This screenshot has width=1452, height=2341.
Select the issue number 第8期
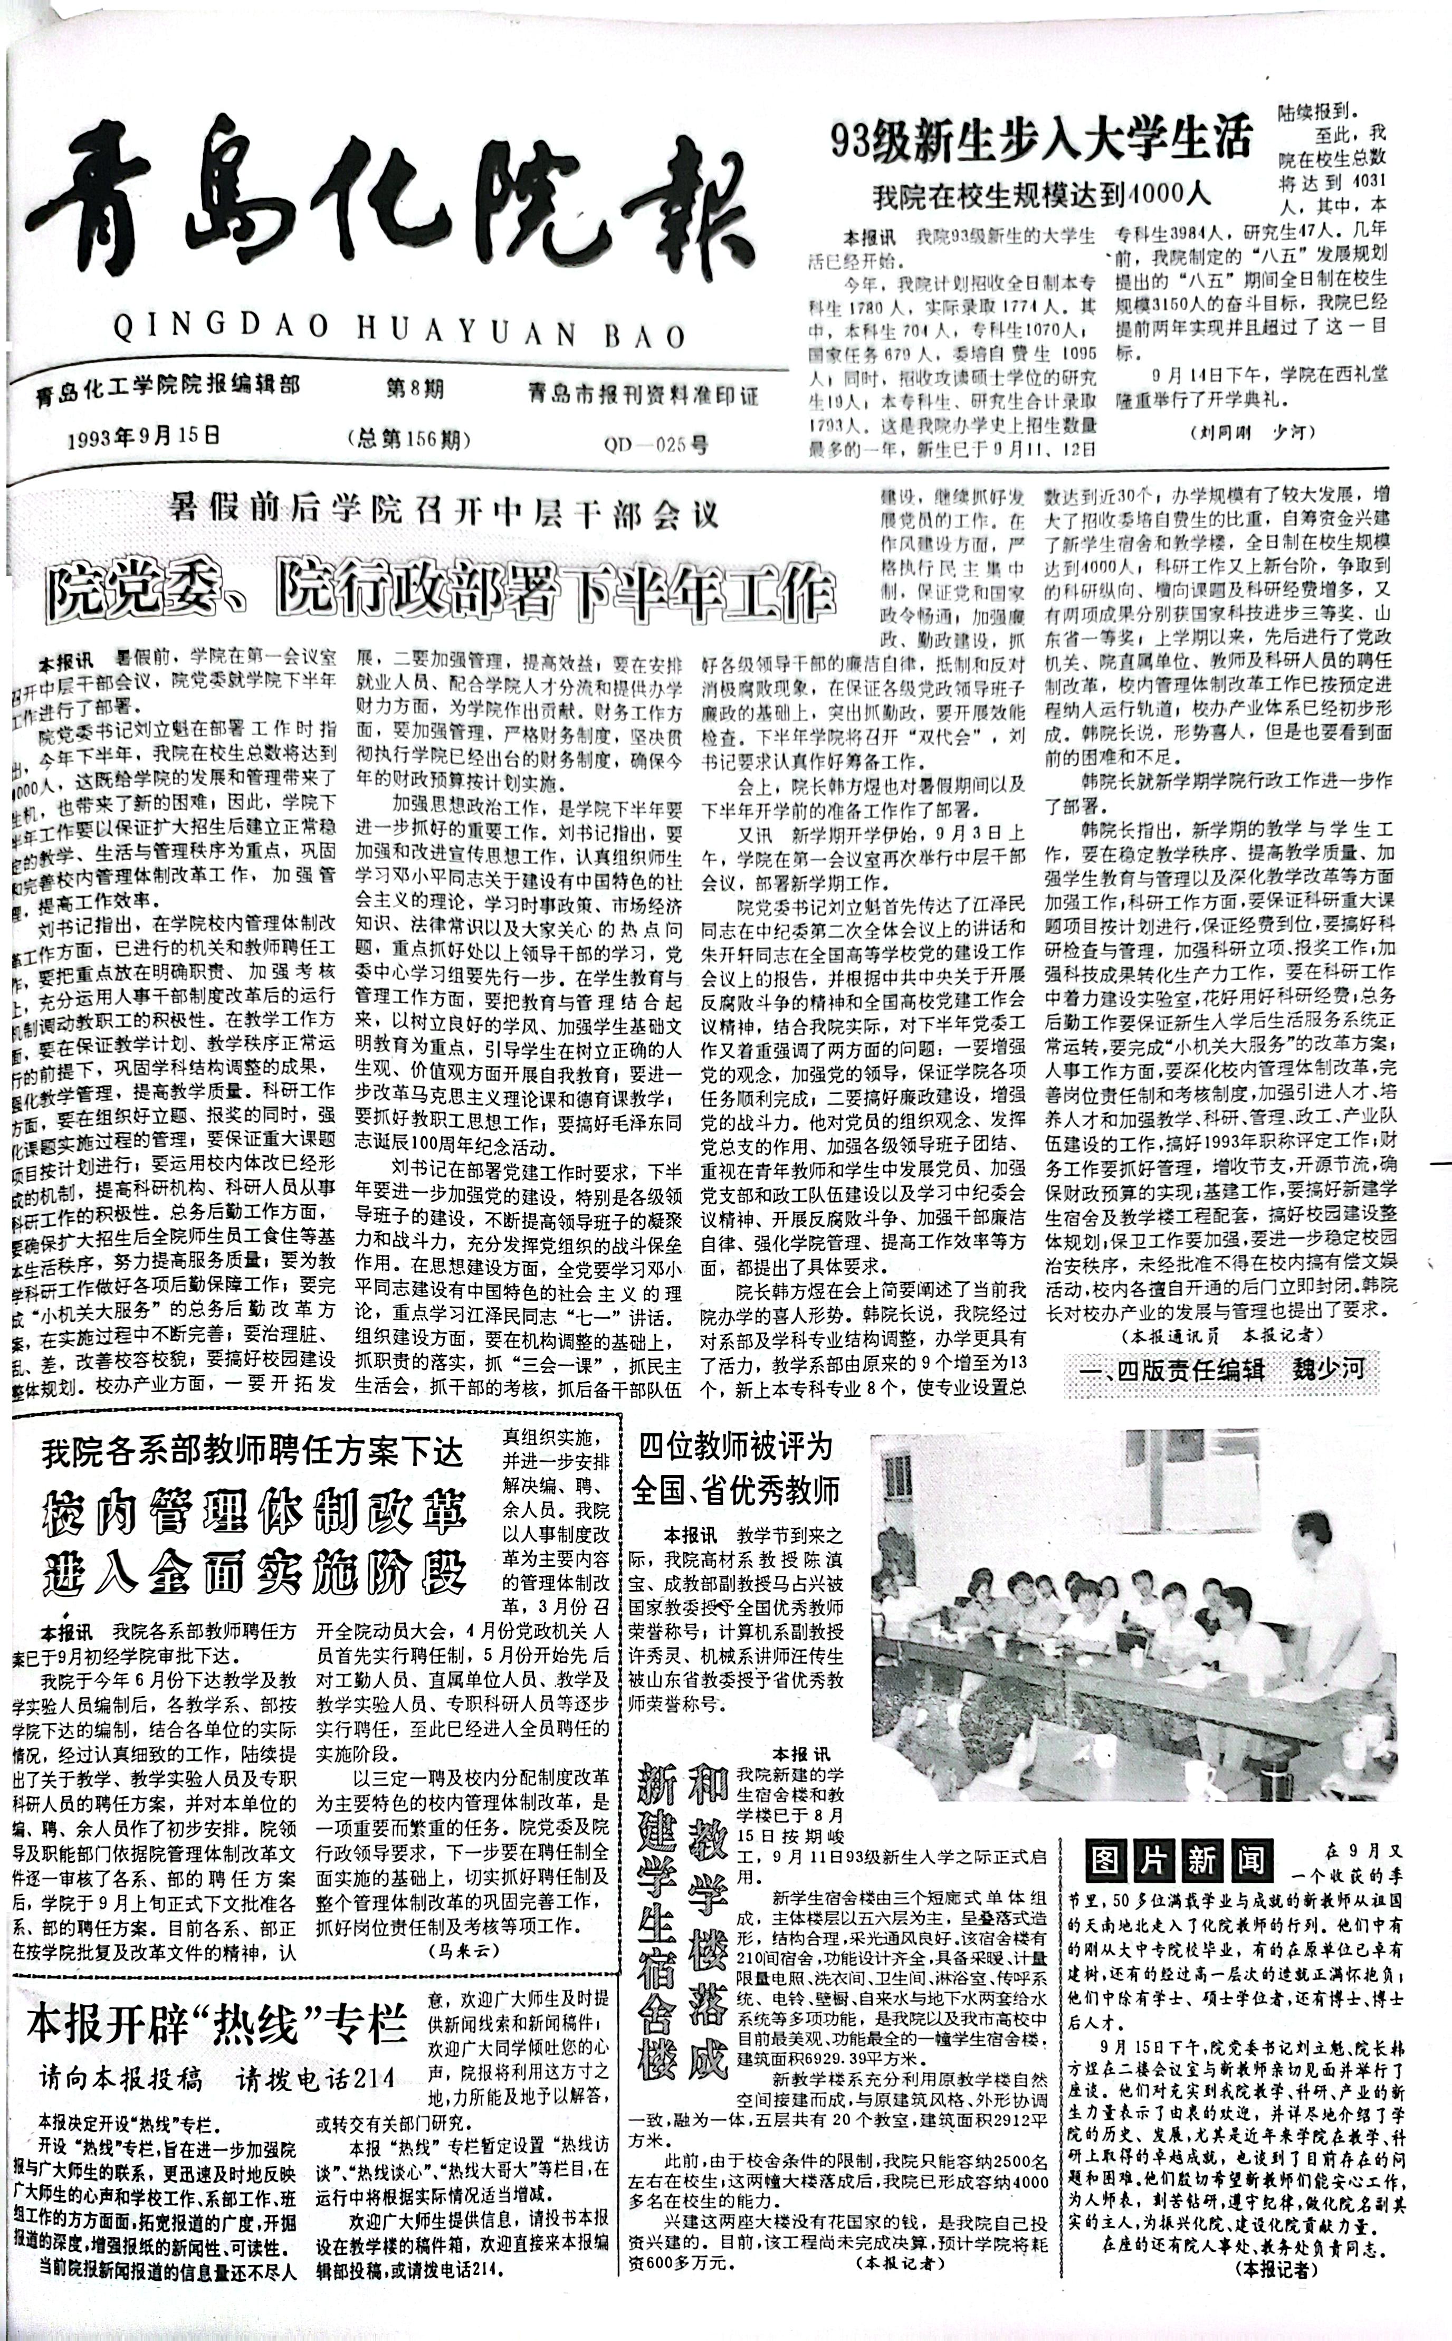(x=414, y=390)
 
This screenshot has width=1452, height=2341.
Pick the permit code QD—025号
(x=657, y=444)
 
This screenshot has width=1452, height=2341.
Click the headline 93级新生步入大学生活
(x=1042, y=142)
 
